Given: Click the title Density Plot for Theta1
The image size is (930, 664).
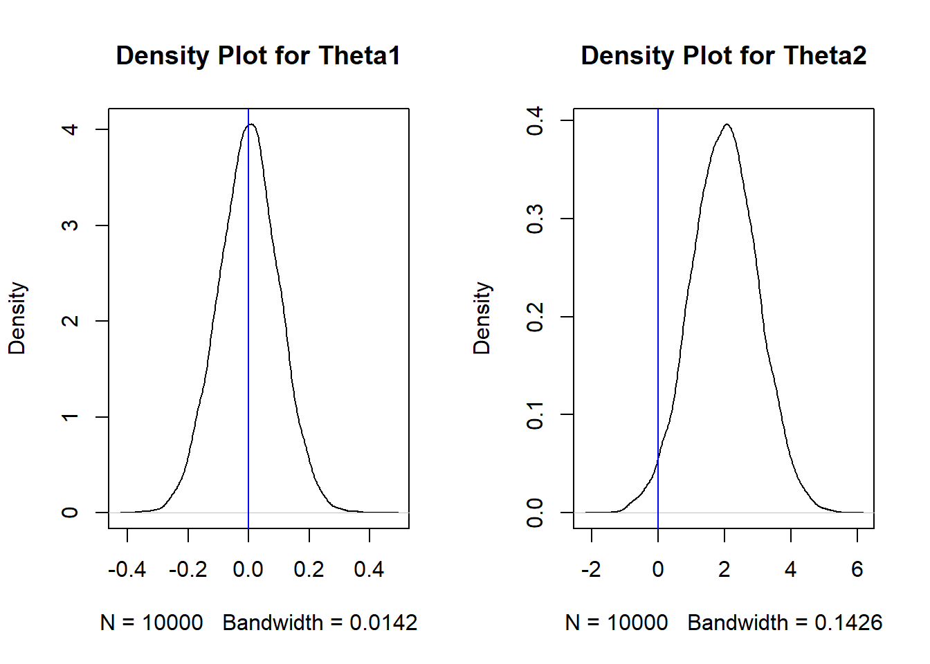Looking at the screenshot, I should pos(258,56).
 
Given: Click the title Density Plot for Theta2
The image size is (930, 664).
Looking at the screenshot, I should pos(723,56).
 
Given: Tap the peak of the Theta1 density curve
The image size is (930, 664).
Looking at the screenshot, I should pos(251,124).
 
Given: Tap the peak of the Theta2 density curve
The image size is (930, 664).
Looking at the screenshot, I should pos(727,124).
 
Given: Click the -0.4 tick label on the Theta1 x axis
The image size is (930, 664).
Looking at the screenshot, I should pos(127,569).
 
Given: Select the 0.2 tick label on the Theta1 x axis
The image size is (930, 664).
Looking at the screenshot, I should pos(309,569).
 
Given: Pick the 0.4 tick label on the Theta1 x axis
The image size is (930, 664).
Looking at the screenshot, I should pos(369,569).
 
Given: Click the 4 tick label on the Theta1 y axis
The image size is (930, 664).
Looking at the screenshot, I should pos(70,129).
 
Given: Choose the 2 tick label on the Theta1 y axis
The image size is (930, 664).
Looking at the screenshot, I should pos(70,321).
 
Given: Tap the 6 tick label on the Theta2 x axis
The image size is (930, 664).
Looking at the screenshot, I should pos(857,569).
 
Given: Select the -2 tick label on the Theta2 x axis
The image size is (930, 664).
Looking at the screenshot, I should pos(591,569).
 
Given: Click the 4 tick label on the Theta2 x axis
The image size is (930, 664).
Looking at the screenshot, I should pos(791,569).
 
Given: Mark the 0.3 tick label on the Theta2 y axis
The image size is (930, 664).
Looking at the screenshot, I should pos(535,219).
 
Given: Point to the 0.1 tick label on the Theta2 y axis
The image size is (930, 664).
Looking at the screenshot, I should pos(535,415).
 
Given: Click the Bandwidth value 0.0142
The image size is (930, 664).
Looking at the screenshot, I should pos(383,622).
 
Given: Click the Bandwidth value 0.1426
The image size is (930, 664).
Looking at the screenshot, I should pos(848,622).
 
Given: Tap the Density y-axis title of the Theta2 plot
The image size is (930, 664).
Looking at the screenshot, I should pos(482,318).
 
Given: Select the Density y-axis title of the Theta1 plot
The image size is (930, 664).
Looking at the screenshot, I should pos(17,318).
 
